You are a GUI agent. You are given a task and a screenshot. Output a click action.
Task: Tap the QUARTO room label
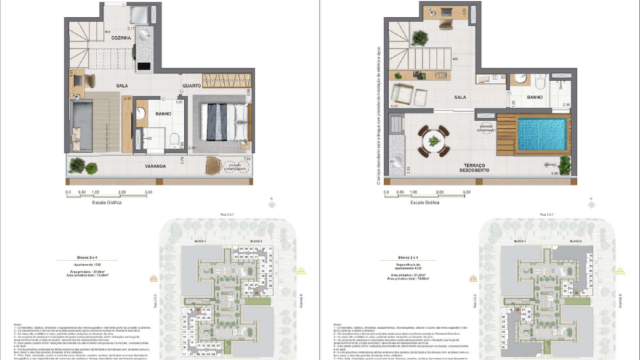pyautogui.click(x=190, y=87)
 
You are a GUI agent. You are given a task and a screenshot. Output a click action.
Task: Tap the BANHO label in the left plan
pyautogui.click(x=163, y=113)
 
